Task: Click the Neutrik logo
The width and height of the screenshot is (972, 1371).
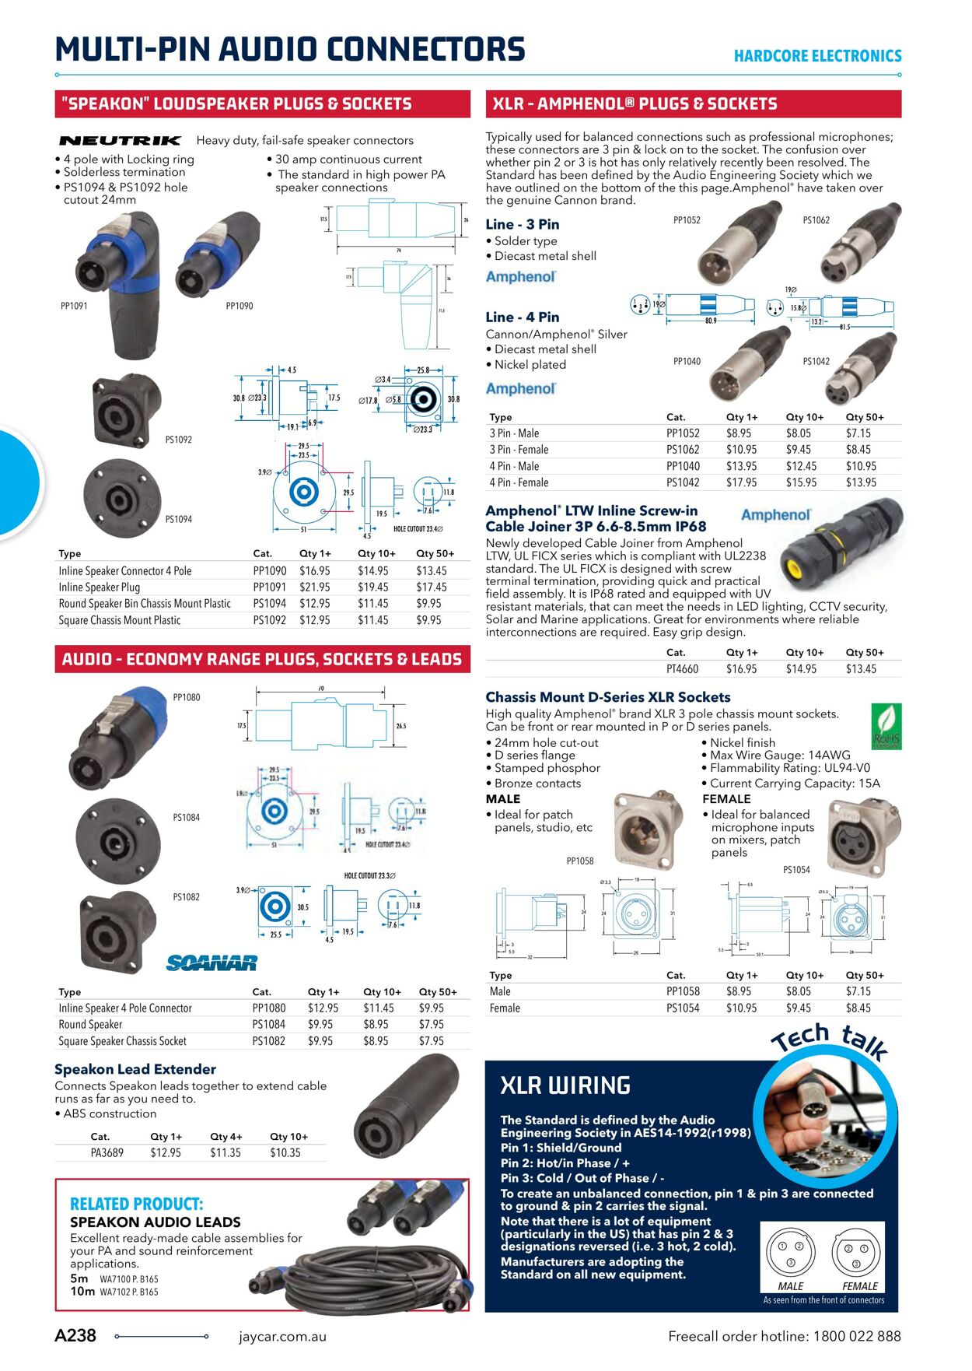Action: [x=120, y=141]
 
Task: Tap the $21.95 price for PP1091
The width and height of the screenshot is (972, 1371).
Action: [x=315, y=587]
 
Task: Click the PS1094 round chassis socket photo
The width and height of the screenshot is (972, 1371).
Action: [x=119, y=499]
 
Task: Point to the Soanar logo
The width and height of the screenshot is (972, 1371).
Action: [x=212, y=963]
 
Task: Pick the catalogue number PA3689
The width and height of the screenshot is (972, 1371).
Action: [x=107, y=1153]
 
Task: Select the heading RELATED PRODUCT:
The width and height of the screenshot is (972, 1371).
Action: [x=136, y=1204]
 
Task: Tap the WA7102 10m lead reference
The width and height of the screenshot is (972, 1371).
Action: [x=128, y=1292]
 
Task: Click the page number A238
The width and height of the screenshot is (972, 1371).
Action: [x=75, y=1336]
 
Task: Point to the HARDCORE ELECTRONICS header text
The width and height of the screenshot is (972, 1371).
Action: [x=817, y=56]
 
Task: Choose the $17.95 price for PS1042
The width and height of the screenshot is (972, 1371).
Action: [x=741, y=482]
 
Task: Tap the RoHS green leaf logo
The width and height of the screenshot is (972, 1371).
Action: [x=886, y=726]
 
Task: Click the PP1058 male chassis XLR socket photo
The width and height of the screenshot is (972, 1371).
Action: [x=644, y=828]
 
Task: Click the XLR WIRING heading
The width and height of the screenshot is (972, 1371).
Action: [x=565, y=1085]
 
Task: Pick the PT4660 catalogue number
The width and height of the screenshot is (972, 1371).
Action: [x=682, y=669]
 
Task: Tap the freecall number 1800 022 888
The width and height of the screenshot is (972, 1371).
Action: [x=857, y=1336]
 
